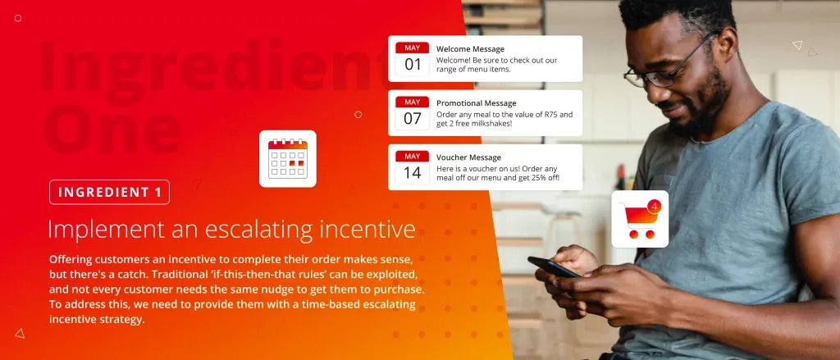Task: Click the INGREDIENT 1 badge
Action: [109, 193]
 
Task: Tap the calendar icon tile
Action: [288, 158]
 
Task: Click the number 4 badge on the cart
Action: [654, 207]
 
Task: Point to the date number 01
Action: [413, 65]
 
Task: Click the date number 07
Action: [413, 118]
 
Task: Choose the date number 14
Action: [413, 172]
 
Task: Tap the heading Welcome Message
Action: [470, 49]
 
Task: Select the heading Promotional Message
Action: [477, 103]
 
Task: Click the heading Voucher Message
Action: [468, 157]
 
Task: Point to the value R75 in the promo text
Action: [550, 114]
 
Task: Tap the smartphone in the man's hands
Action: [554, 267]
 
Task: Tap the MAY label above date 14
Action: [413, 157]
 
